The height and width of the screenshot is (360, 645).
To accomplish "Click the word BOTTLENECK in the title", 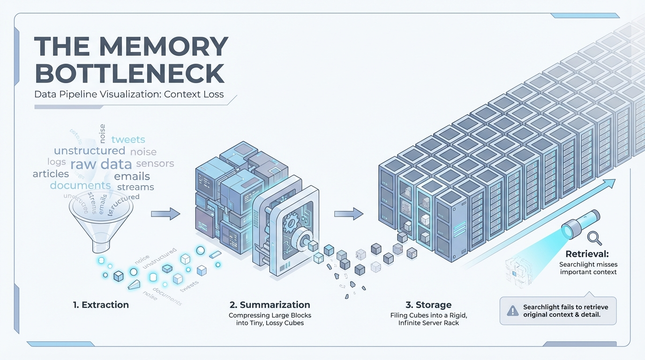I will (129, 74).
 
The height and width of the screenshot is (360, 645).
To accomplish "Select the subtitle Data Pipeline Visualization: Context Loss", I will (129, 94).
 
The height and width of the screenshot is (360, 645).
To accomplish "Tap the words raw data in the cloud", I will (100, 164).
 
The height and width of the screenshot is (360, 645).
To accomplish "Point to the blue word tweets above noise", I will (128, 139).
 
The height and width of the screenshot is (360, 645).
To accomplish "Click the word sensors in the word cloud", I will (155, 164).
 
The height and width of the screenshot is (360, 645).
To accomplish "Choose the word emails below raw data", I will (132, 176).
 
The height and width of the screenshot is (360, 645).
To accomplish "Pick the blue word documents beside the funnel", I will (80, 185).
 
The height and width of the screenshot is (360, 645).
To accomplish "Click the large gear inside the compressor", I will (293, 221).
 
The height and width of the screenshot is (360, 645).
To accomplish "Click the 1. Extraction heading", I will (101, 305).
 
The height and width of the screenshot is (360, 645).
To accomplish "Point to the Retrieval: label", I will (587, 255).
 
